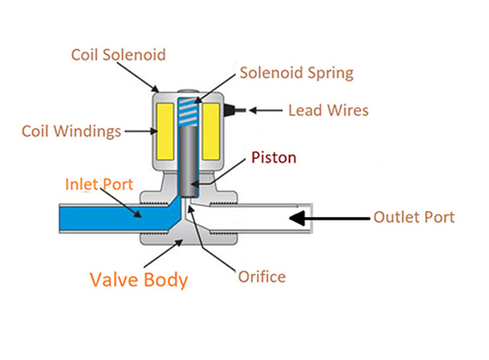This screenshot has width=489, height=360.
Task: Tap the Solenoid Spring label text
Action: [x=297, y=72]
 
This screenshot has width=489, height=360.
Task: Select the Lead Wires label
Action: [x=328, y=110]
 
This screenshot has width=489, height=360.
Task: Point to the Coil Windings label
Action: [x=72, y=131]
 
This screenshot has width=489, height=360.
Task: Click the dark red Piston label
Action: [x=274, y=157]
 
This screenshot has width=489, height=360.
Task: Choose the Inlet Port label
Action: [x=99, y=184]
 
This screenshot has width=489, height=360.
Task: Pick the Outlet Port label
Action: [x=414, y=217]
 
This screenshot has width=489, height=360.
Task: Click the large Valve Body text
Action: [x=139, y=280]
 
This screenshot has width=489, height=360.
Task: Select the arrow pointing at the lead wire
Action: [x=268, y=110]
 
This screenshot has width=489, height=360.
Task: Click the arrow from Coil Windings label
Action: [x=138, y=131]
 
